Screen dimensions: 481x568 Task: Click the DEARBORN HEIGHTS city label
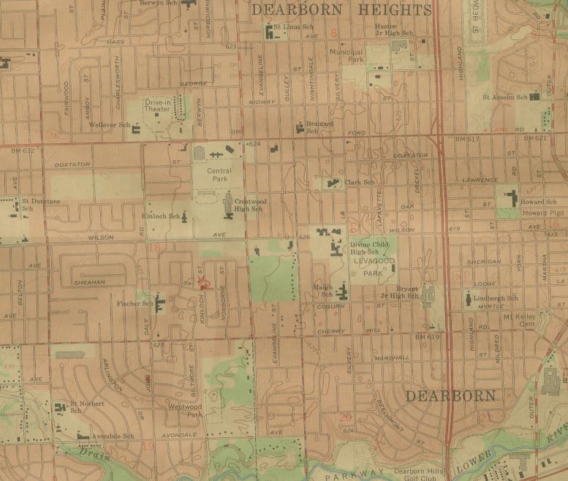pos(341,10)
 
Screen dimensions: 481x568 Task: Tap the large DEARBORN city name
pos(450,396)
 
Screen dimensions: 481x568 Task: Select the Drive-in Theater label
pos(157,107)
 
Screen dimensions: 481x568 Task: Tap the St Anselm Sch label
pos(504,96)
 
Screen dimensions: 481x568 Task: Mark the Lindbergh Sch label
pos(496,298)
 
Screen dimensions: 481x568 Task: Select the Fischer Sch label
pos(135,303)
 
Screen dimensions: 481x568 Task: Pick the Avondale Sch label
pos(112,436)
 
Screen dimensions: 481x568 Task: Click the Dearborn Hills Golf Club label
pos(420,474)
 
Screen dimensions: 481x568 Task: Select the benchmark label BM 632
pos(23,151)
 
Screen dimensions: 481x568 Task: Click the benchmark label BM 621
pos(535,138)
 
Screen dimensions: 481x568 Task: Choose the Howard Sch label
pos(539,202)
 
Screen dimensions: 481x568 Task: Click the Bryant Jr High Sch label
pos(398,292)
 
